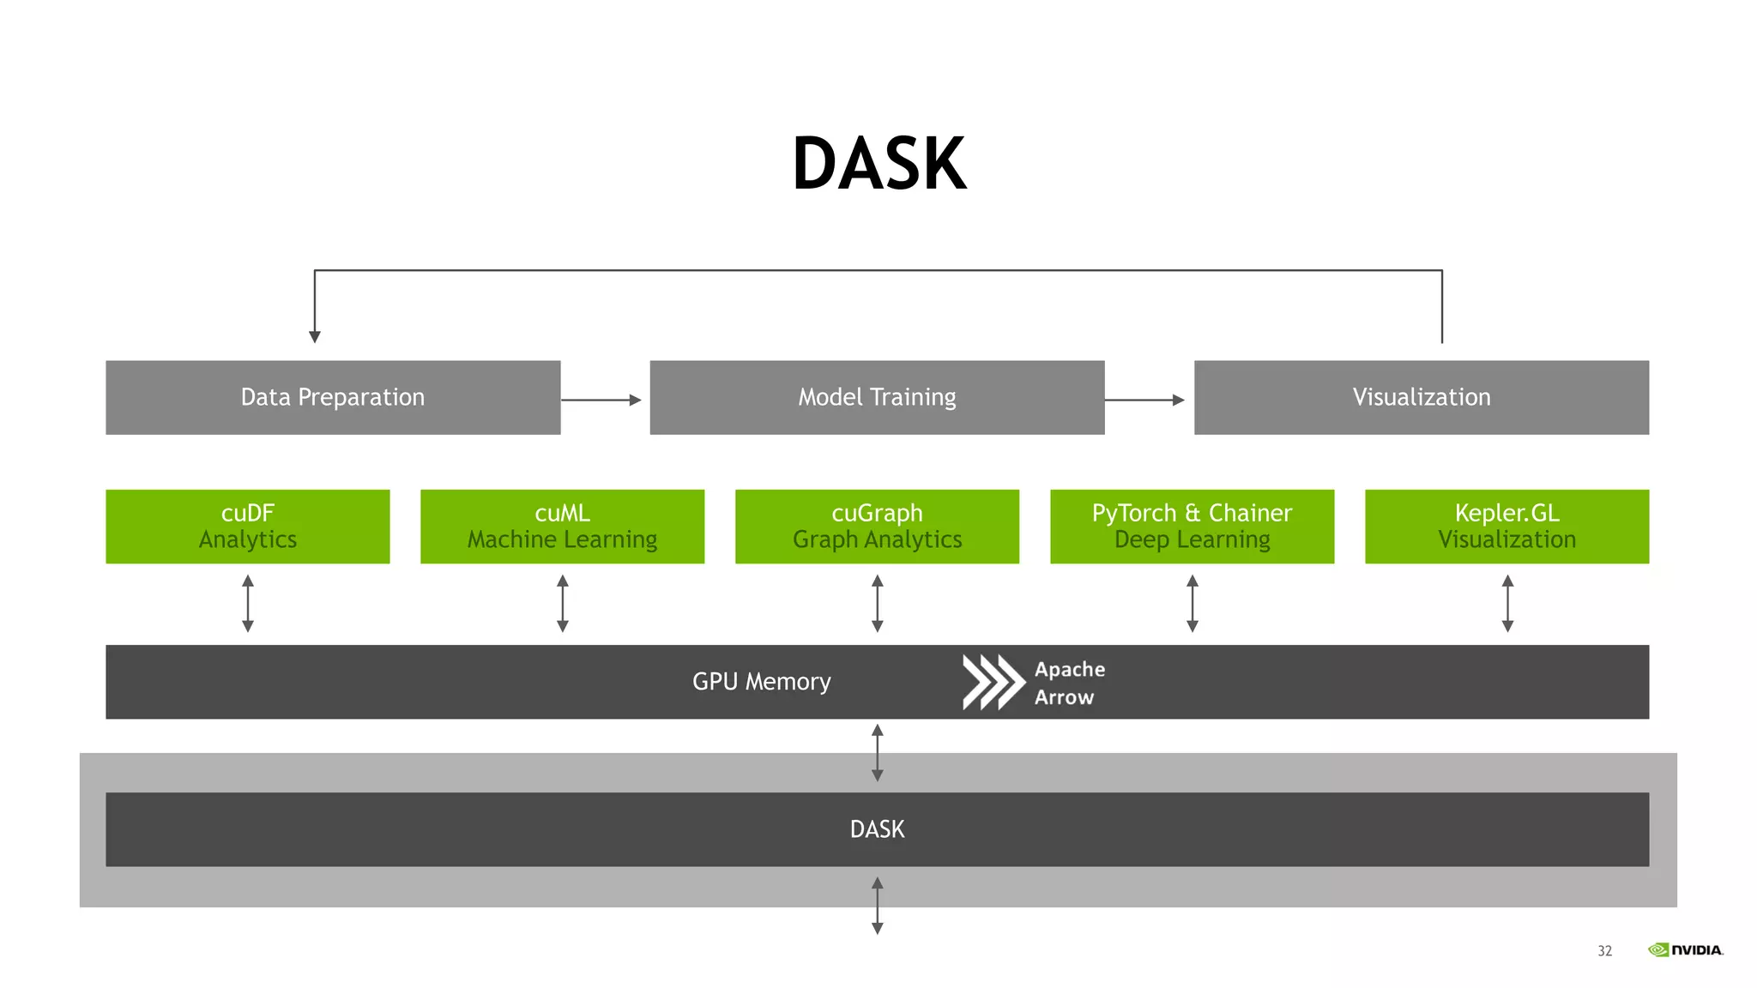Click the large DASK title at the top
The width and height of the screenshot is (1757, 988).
point(878,163)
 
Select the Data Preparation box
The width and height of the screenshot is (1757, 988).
point(333,397)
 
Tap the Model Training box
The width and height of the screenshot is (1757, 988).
point(877,397)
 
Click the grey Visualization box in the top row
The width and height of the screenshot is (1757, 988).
point(1422,397)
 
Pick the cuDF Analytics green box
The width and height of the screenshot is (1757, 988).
point(247,526)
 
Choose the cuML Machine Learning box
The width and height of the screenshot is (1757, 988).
point(562,526)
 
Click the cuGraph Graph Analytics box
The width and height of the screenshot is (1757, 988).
point(877,526)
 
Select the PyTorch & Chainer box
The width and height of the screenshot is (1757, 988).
point(1192,526)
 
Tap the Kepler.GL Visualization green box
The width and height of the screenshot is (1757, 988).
point(1506,526)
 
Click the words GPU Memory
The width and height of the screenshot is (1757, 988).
point(761,682)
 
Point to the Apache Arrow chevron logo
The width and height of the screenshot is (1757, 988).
point(993,682)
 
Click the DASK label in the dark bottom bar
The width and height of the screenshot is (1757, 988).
point(877,829)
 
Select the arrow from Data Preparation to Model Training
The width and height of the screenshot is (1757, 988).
point(601,400)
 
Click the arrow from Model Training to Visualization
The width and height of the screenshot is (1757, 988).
point(1144,400)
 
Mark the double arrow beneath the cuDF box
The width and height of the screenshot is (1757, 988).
point(248,604)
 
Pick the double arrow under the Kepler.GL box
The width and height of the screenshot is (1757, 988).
point(1507,604)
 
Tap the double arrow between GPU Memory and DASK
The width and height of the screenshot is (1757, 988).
point(877,753)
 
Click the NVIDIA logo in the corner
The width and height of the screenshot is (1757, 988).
point(1686,949)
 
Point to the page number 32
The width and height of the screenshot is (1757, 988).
point(1604,950)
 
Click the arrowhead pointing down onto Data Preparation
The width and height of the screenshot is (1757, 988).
point(315,336)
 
